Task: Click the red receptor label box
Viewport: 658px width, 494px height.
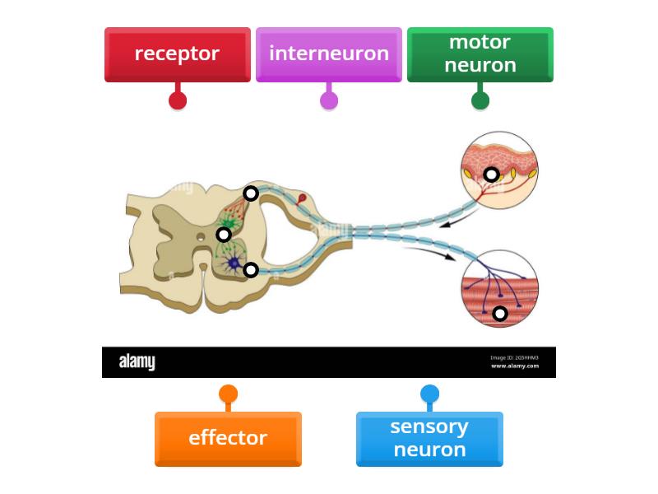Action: [177, 54]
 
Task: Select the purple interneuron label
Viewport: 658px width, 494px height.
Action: [328, 54]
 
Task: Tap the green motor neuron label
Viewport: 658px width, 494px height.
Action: [480, 54]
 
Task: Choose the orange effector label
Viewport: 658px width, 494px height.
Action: [228, 438]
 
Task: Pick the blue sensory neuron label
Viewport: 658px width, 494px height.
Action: [429, 438]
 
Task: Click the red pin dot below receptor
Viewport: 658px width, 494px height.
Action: [178, 100]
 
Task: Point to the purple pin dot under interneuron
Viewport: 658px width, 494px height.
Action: [329, 100]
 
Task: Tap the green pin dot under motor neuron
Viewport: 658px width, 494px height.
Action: [480, 100]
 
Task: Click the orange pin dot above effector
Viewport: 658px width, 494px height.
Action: [229, 394]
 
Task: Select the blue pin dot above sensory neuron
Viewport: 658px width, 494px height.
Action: [429, 394]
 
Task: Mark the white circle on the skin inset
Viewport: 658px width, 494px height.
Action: [491, 175]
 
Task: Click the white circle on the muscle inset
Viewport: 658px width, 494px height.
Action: [499, 314]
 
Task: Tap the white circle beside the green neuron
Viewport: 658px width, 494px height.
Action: [224, 235]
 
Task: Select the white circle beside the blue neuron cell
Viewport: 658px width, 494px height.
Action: [251, 270]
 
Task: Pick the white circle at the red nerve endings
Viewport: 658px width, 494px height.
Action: [251, 193]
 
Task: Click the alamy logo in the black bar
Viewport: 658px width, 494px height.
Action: [137, 362]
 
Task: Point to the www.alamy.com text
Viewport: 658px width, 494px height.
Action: [515, 366]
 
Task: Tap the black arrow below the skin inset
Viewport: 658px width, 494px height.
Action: [449, 221]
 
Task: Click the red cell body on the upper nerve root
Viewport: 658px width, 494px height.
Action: [302, 198]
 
